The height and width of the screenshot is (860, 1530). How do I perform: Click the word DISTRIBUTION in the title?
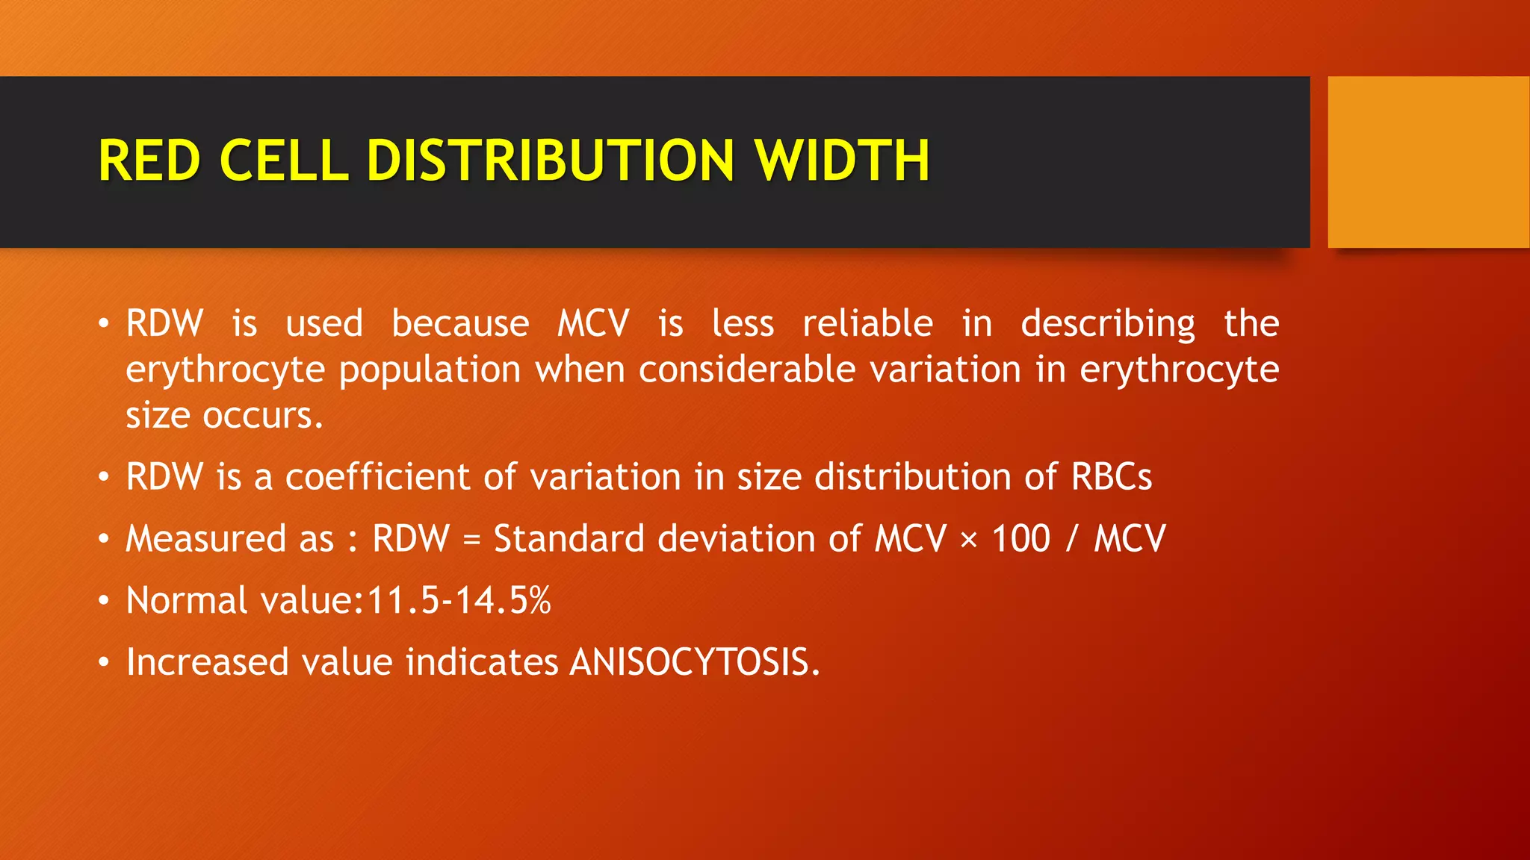(551, 161)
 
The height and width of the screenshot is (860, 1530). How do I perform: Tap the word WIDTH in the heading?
(842, 161)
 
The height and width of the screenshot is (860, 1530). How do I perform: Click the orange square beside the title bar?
(1428, 162)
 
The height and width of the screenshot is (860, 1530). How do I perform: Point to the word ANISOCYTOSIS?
(695, 662)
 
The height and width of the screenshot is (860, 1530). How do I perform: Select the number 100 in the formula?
(1020, 539)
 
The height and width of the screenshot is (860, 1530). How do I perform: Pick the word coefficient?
(377, 477)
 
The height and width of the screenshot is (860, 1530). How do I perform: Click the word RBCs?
(1112, 477)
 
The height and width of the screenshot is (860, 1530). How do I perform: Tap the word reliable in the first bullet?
(867, 324)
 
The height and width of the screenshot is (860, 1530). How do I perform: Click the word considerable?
(746, 370)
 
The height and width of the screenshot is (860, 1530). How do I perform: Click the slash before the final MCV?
(1071, 539)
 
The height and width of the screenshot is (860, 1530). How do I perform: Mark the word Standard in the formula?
(569, 539)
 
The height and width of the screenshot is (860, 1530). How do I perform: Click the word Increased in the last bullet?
(207, 662)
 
